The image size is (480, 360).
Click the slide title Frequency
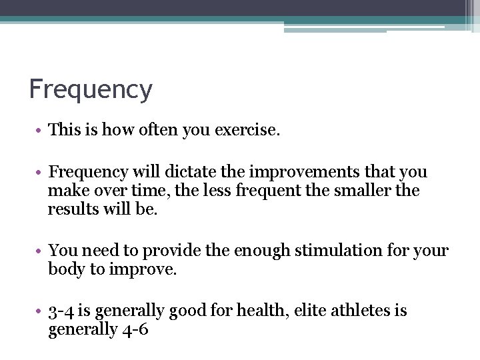coord(91,89)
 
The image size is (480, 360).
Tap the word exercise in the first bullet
coord(246,130)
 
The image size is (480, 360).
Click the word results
coord(73,209)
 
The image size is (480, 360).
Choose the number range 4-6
coord(134,330)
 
